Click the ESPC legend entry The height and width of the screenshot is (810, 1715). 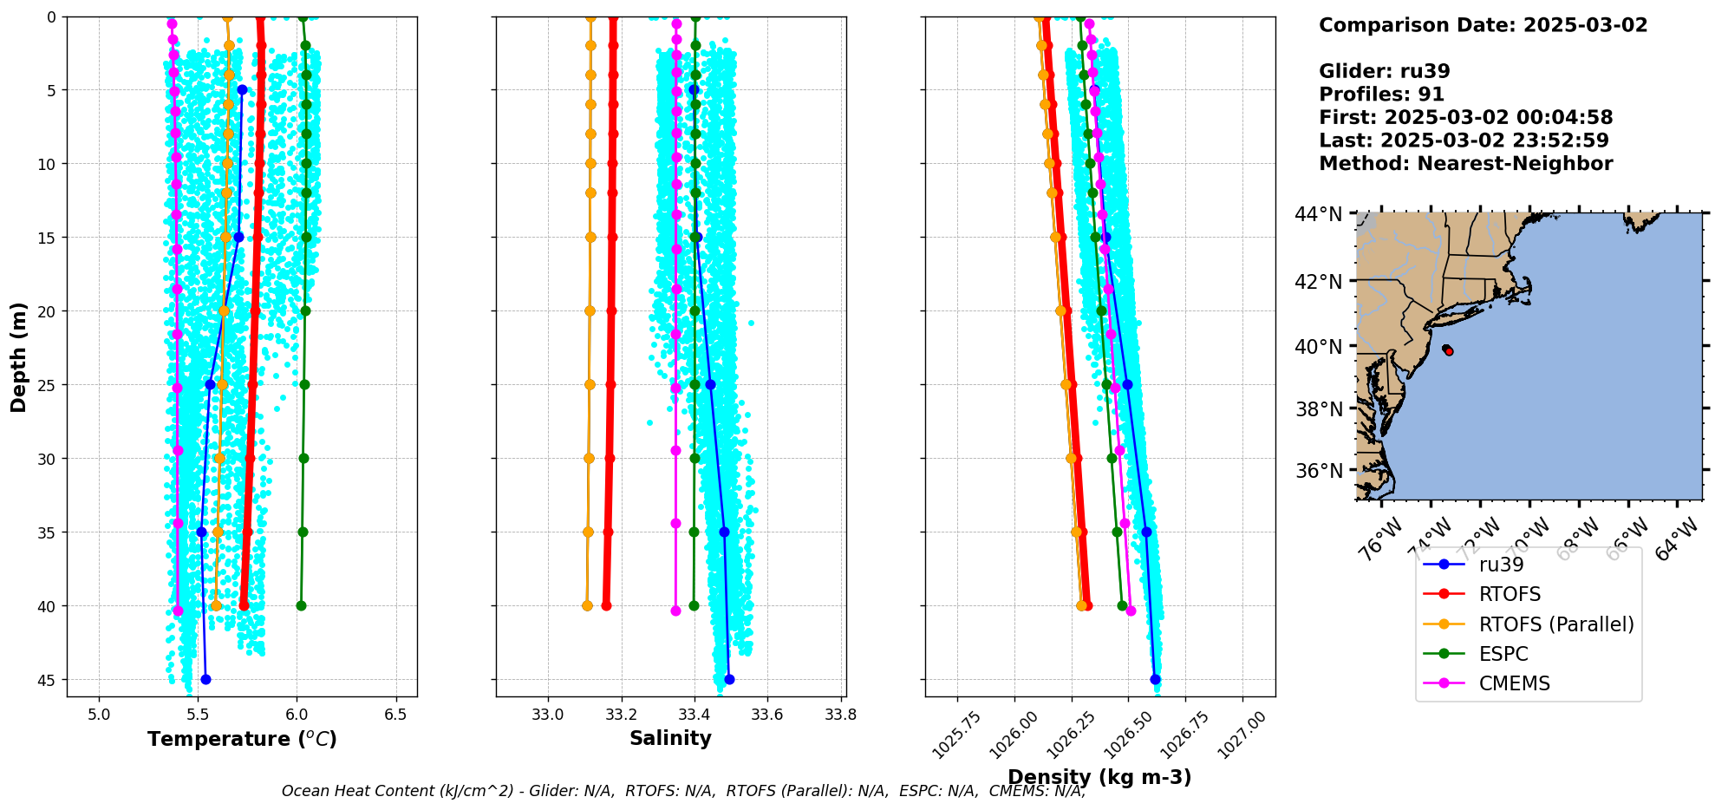1503,654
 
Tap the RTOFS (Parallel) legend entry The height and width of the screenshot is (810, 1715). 1556,624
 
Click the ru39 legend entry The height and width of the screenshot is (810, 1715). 1501,565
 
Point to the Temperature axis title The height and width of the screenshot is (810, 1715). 242,739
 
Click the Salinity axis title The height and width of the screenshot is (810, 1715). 670,739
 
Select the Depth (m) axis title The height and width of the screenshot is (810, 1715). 19,356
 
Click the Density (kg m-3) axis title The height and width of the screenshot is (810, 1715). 1099,777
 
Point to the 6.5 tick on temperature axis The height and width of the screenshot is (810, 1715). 396,715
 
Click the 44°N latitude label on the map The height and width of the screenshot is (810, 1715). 1318,214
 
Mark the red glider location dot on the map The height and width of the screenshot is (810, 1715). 1448,350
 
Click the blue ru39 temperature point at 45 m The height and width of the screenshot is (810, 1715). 205,679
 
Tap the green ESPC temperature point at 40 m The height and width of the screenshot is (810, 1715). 301,605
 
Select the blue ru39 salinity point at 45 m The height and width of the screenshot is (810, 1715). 729,679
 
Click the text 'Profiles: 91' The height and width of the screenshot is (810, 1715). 1381,95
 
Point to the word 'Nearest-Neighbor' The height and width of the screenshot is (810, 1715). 1515,164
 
